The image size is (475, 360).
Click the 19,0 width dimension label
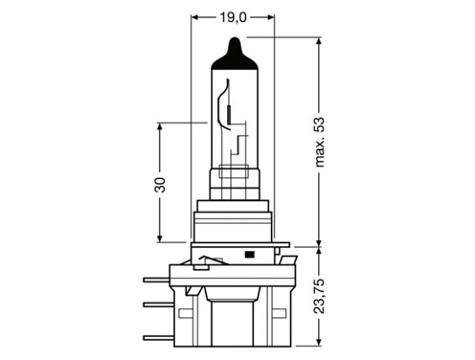point(233,17)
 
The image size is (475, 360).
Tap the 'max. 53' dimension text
point(319,143)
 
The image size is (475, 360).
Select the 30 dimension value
point(160,185)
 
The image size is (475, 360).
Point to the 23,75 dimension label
point(319,296)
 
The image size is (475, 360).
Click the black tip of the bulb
point(235,55)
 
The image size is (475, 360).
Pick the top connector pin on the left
point(156,280)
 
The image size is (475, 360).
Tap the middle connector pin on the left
point(158,304)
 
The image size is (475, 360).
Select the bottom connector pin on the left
point(158,338)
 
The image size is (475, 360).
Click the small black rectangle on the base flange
point(249,255)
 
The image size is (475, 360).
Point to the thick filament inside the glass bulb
point(229,115)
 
